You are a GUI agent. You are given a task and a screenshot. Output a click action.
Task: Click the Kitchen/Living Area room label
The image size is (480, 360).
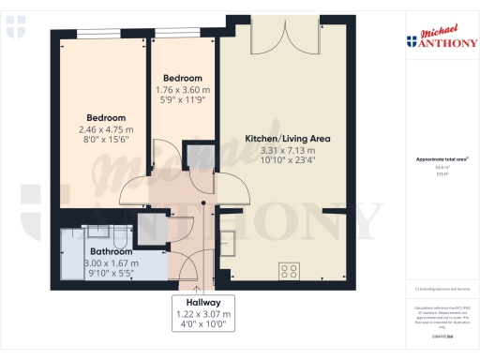(x=287, y=138)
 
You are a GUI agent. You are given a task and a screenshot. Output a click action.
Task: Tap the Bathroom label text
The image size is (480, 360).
(x=111, y=252)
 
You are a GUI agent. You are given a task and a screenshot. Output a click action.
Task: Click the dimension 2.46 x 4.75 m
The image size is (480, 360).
(x=106, y=129)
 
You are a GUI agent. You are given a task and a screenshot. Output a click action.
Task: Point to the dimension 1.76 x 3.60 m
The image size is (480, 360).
(x=182, y=90)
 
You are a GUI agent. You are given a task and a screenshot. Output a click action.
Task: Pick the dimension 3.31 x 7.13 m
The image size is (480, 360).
(x=287, y=150)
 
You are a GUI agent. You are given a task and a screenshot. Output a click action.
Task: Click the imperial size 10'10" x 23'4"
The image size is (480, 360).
(x=287, y=160)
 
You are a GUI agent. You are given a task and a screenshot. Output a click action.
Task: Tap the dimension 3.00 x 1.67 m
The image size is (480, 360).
(x=111, y=263)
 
